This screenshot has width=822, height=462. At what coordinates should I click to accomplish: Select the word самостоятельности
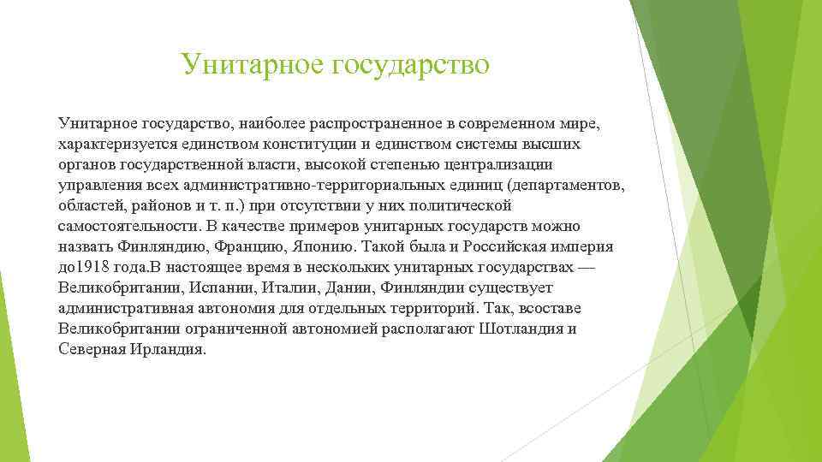coord(127,227)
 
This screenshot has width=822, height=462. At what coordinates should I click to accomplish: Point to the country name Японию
coord(331,246)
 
